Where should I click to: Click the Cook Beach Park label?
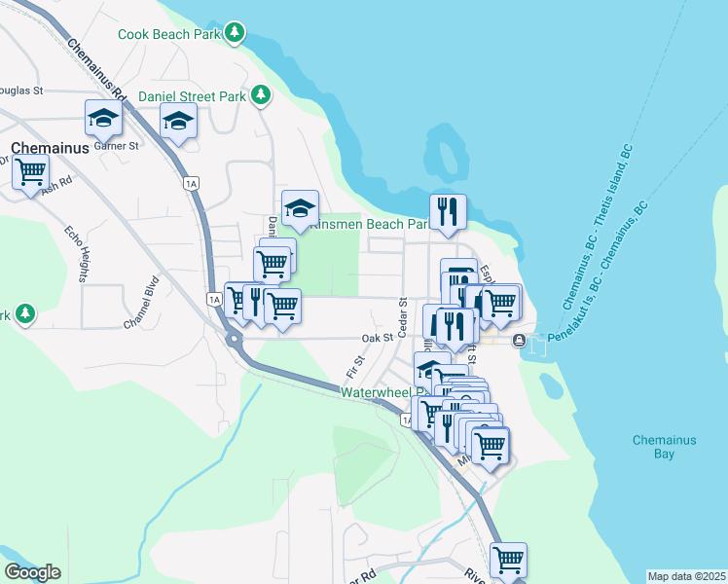coord(168,34)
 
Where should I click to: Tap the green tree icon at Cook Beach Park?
coord(234,34)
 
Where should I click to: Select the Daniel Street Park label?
coord(192,96)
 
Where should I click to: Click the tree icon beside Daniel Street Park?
coord(260,95)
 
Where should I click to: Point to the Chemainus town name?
coord(50,148)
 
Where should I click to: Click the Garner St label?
coord(121,145)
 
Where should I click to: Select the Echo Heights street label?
coord(77,254)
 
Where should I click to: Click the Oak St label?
coord(376,338)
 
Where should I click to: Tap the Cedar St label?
coord(402,313)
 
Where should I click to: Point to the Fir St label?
coord(353,367)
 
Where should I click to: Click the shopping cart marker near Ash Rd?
coord(30,171)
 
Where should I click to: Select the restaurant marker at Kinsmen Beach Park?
coord(448,212)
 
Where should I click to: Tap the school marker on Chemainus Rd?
coord(102,118)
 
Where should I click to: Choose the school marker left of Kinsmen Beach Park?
coord(300,207)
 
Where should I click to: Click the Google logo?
coord(32,572)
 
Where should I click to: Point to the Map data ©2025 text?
coord(686,576)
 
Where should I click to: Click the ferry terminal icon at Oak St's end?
coord(519,340)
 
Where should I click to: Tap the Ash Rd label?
coord(57,184)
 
